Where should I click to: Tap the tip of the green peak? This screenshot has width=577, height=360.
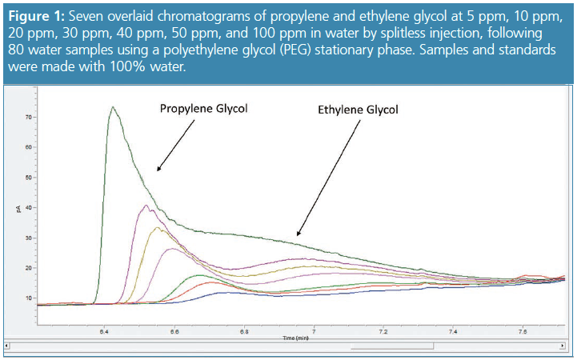114,107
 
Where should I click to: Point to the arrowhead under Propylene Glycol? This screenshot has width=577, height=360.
158,170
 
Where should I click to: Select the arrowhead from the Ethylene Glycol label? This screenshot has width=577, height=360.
297,233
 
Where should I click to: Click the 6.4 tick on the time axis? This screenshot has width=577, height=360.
105,330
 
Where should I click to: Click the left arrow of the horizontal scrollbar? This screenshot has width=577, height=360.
8,346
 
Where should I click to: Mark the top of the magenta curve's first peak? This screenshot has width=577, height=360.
146,206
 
